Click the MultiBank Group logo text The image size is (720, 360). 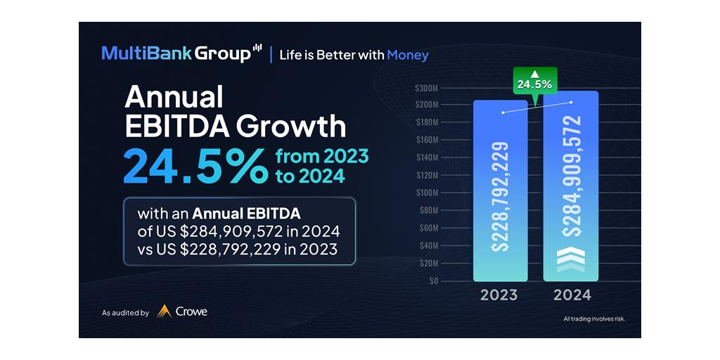coord(176,53)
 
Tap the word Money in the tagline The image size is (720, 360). coord(408,55)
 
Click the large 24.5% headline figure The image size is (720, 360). coord(195,166)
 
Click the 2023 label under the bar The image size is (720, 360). coord(499,295)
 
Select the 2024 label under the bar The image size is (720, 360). coord(572,295)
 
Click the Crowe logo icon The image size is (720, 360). coord(164,311)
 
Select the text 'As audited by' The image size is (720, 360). coord(125,312)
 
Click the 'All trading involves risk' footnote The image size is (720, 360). coord(594,319)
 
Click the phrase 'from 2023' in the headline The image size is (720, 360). coord(321,156)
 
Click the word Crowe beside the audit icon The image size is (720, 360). coord(191,311)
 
